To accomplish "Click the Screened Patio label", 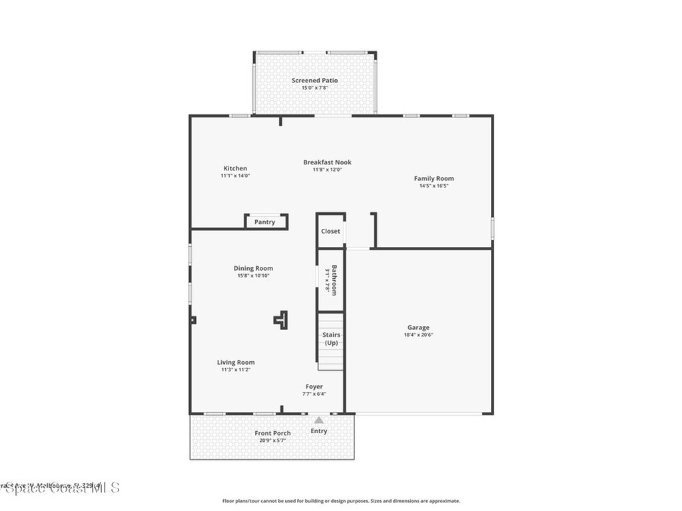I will (314, 81).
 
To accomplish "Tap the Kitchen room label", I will (235, 168).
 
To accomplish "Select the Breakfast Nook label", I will (327, 162).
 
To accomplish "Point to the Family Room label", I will (434, 178).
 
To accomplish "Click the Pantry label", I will (264, 222).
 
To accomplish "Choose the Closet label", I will (330, 231).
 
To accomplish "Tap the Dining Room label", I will (253, 268).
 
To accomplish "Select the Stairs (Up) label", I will (331, 339).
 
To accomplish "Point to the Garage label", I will (418, 327).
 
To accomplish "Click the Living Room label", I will (236, 363).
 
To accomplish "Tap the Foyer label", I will (314, 387).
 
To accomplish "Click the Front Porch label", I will (272, 433).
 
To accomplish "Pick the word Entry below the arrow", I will (319, 431).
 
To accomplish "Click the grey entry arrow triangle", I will (319, 420).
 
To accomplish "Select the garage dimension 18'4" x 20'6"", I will (418, 335).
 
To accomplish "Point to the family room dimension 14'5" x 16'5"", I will (434, 186).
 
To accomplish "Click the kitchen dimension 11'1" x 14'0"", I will (235, 176).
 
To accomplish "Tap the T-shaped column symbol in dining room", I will (281, 320).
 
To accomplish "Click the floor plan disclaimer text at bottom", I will (340, 501).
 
